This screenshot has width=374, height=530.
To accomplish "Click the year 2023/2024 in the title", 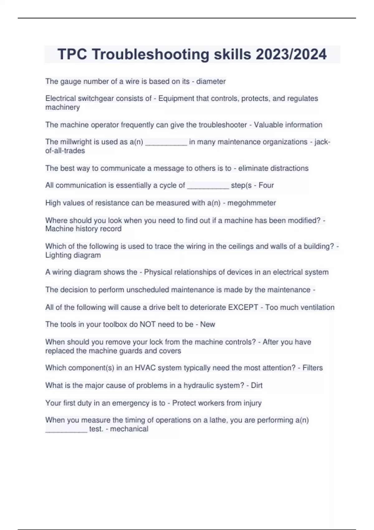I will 291,54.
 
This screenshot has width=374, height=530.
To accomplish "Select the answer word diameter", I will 211,81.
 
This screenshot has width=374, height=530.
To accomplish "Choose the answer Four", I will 266,185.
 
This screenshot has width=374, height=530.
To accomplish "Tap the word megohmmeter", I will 252,203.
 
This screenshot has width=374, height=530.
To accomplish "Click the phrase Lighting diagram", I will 73,255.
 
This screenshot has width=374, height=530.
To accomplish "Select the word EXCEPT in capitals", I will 243,307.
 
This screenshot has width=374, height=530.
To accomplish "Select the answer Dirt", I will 257,385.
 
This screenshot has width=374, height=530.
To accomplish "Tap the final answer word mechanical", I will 129,429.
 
